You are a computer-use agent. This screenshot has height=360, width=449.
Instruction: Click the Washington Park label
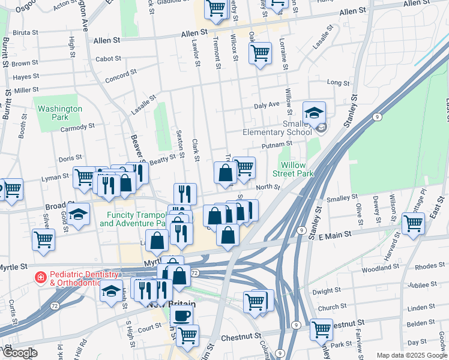click(59, 113)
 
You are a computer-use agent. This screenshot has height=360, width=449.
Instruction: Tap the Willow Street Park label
click(297, 169)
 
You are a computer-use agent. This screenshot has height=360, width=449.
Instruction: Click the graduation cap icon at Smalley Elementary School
click(313, 112)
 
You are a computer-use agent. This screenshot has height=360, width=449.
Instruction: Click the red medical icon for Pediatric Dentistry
click(40, 278)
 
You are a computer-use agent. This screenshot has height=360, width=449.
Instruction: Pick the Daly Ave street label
click(267, 104)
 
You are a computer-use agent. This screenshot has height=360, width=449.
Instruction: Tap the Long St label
click(338, 83)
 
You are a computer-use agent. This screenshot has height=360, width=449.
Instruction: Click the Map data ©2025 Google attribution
click(411, 355)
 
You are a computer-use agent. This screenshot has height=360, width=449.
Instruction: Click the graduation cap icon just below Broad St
click(77, 214)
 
